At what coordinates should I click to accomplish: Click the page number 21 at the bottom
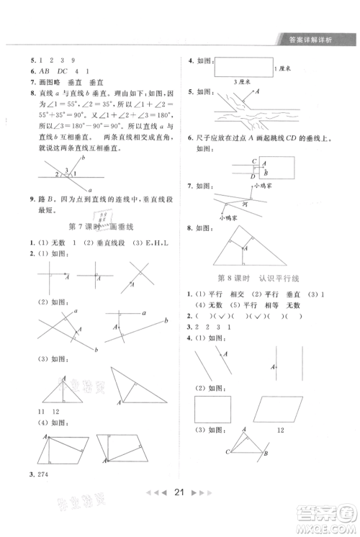tap(181, 513)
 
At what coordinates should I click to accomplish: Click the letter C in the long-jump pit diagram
tap(235, 162)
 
